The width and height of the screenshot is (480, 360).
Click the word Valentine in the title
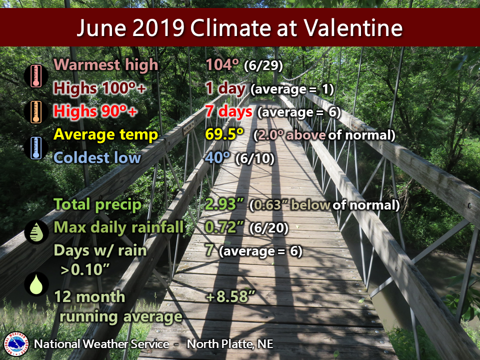pos(353,28)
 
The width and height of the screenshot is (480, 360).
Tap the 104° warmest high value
pos(222,64)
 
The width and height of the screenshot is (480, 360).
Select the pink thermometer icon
pos(36,75)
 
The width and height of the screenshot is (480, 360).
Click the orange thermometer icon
pos(36,112)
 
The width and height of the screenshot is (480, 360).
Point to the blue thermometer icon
pos(36,148)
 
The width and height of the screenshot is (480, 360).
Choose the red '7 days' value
pos(228,111)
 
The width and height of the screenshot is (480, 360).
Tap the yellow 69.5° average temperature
pos(224,134)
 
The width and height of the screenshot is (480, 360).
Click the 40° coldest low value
pos(217,157)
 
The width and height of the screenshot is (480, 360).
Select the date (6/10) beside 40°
pos(254,158)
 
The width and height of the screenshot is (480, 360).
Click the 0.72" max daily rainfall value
pos(224,227)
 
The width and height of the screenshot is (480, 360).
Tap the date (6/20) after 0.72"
pos(269,228)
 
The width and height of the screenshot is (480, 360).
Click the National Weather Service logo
pos(16,344)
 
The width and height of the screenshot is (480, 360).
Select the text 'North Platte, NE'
pos(230,344)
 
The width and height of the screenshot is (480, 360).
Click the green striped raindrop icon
pos(36,231)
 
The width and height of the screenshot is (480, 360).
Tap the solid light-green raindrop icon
pos(36,284)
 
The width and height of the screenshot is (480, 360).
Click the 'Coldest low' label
pos(97,157)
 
